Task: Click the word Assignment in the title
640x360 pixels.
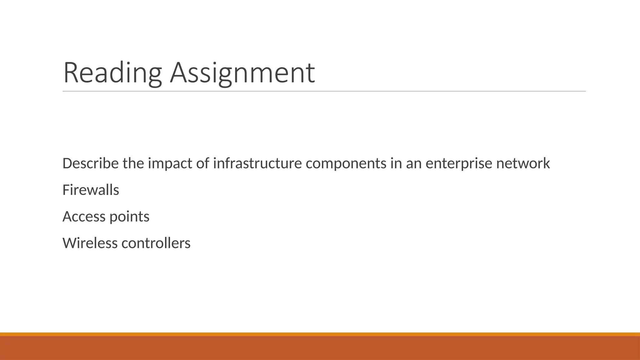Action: [x=242, y=73]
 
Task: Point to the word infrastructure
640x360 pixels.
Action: [x=257, y=163]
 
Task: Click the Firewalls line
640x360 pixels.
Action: [x=91, y=190]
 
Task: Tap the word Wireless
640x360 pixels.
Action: [x=90, y=243]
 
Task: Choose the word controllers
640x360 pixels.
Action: [x=156, y=243]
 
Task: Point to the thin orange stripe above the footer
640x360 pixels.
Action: [x=320, y=334]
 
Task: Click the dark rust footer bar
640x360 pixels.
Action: [x=320, y=348]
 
